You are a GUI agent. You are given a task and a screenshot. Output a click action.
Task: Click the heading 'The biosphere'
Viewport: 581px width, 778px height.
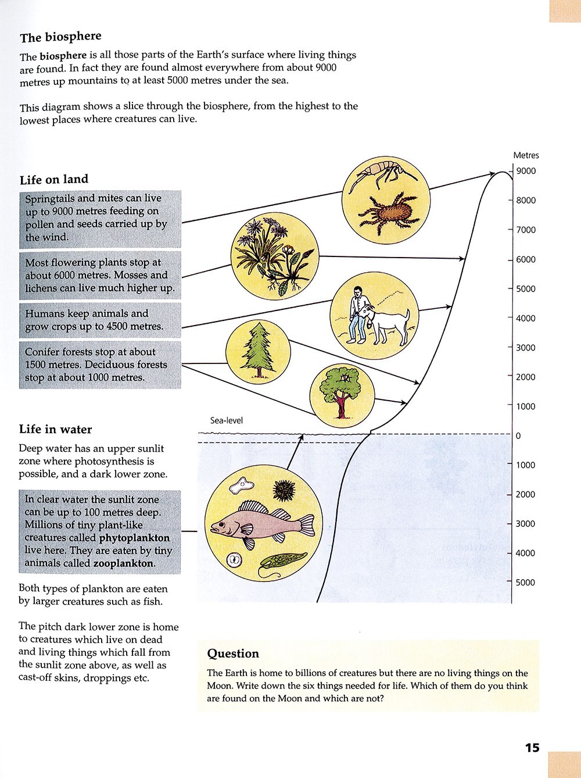pos(60,37)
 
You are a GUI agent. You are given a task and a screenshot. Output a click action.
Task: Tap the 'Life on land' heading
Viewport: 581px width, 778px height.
pos(54,180)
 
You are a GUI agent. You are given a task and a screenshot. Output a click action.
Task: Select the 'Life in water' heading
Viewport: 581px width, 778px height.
pos(55,430)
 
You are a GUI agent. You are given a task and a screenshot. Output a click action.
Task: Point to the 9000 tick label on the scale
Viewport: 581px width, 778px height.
pos(526,171)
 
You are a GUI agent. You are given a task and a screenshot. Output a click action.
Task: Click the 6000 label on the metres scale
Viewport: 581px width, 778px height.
pos(526,259)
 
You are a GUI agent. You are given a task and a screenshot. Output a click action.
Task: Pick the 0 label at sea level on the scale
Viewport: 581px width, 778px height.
pos(518,436)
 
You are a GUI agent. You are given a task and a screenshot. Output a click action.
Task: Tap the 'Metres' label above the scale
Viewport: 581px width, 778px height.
pos(526,155)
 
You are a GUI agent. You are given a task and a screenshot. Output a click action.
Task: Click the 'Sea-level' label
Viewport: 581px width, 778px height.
pos(227,420)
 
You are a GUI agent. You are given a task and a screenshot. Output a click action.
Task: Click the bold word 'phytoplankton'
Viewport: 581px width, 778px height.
pos(134,538)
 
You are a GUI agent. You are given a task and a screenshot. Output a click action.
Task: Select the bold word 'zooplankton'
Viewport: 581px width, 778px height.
pos(123,563)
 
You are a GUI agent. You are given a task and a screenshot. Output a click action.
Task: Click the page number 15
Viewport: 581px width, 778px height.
pos(532,748)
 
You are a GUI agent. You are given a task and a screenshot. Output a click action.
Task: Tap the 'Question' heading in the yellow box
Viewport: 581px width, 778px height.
pos(233,654)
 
